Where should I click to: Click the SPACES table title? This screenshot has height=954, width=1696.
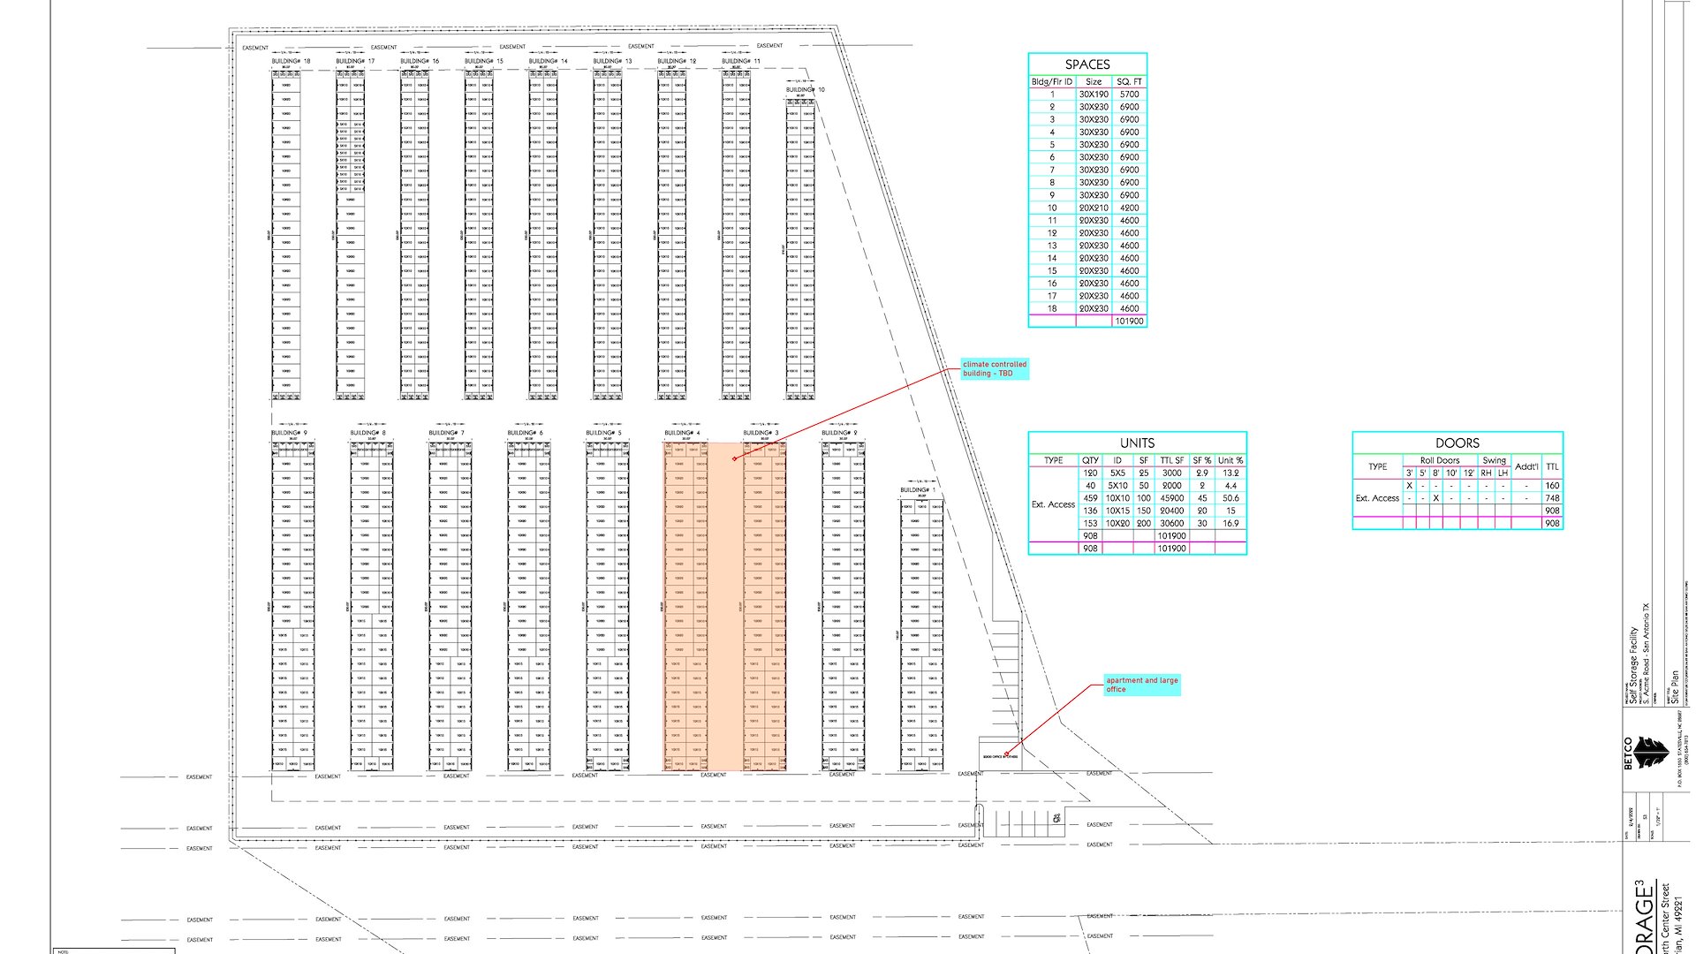pyautogui.click(x=1087, y=64)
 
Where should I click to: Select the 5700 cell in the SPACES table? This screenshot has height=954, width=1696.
pyautogui.click(x=1129, y=95)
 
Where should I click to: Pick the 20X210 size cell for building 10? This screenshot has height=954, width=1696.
pyautogui.click(x=1094, y=208)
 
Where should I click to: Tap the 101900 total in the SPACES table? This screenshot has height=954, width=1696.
pyautogui.click(x=1129, y=322)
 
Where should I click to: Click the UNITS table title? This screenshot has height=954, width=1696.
pyautogui.click(x=1137, y=443)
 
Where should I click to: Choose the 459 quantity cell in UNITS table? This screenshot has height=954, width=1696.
pyautogui.click(x=1090, y=498)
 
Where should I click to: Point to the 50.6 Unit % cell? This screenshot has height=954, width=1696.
pyautogui.click(x=1230, y=498)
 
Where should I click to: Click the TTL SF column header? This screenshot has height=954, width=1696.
pyautogui.click(x=1172, y=461)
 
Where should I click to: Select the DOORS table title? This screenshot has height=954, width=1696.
pyautogui.click(x=1457, y=443)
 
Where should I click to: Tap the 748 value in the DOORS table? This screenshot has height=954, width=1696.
pyautogui.click(x=1552, y=498)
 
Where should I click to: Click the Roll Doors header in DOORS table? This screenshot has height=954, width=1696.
pyautogui.click(x=1439, y=460)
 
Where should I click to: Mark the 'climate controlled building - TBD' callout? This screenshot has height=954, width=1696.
pyautogui.click(x=995, y=369)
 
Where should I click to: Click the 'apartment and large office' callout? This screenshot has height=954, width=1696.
pyautogui.click(x=1142, y=685)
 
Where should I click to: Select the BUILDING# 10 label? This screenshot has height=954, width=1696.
pyautogui.click(x=805, y=90)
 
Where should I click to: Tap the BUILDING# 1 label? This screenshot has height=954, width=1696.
pyautogui.click(x=918, y=490)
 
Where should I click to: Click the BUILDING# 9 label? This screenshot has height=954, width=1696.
pyautogui.click(x=290, y=434)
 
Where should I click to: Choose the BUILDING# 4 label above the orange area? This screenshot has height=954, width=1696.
pyautogui.click(x=682, y=434)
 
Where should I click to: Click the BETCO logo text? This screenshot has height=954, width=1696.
pyautogui.click(x=1629, y=753)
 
